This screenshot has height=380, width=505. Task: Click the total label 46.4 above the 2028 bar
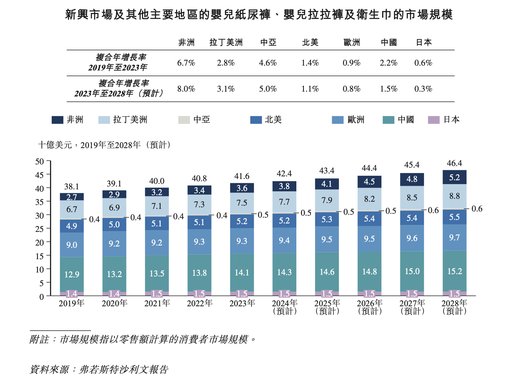point(454,163)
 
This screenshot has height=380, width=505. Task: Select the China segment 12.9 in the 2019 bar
point(71,274)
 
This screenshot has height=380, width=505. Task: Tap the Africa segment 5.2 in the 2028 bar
point(454,177)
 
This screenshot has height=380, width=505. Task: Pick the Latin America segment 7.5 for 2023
point(242,203)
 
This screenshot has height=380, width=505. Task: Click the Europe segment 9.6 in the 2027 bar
point(412,238)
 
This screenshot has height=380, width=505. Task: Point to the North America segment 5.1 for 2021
point(157,223)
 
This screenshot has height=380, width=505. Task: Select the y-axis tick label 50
point(39,161)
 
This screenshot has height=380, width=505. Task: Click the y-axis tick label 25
point(39,229)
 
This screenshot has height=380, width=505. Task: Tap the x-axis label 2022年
point(200,303)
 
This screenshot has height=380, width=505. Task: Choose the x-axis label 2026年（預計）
point(369,307)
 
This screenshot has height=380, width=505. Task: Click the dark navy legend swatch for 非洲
point(57,120)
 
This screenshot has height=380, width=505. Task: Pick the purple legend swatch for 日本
point(434,120)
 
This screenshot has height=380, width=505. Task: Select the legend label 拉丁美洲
point(130,120)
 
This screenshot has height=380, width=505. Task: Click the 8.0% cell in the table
point(186,89)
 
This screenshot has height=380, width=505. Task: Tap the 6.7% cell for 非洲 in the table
point(186,63)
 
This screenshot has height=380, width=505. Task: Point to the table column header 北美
point(310,43)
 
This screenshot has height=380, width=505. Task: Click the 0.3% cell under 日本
point(423,89)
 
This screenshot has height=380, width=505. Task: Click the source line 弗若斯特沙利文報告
point(123,370)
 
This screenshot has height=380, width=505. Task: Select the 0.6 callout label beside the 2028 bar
point(477,209)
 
